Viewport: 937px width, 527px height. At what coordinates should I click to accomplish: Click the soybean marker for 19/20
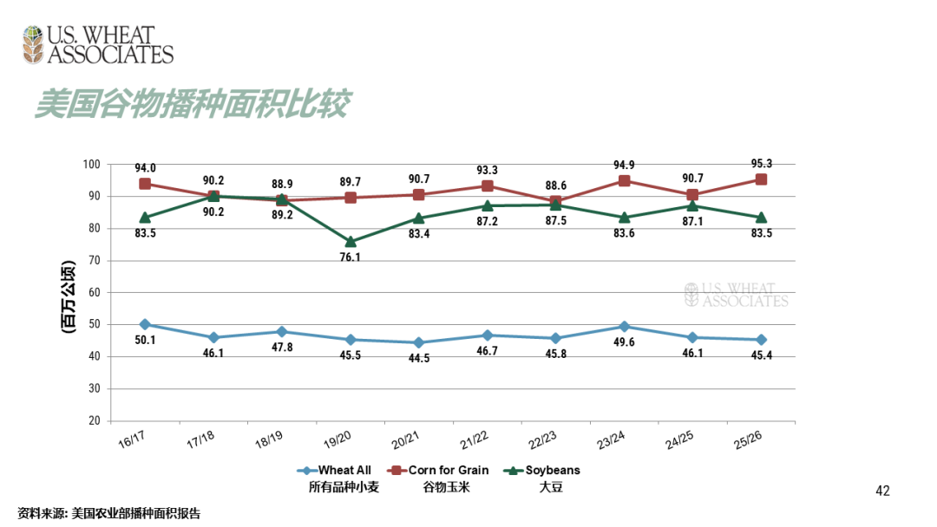[351, 242]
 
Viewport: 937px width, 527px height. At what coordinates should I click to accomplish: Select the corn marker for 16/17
[145, 184]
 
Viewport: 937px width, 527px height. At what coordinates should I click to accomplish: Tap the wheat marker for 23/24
[624, 327]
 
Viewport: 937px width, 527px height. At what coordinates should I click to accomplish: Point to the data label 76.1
[351, 258]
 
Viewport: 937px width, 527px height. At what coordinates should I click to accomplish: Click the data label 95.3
[760, 163]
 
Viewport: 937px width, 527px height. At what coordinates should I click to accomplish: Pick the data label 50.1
[145, 340]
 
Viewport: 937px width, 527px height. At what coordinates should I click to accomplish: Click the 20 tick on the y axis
[93, 420]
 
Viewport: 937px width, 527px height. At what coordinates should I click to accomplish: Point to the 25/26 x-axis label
[747, 440]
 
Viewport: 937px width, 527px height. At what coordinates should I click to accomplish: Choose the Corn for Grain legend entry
[449, 471]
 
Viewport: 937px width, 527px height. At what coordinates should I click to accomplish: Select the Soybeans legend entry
[552, 471]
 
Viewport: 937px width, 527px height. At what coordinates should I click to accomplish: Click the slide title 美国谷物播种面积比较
[192, 104]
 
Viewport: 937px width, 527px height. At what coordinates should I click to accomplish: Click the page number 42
[882, 491]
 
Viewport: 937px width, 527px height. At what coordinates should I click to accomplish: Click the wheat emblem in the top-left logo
[33, 45]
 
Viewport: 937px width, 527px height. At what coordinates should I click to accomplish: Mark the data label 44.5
[418, 359]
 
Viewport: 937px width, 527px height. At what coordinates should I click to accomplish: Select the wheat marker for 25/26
[761, 340]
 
